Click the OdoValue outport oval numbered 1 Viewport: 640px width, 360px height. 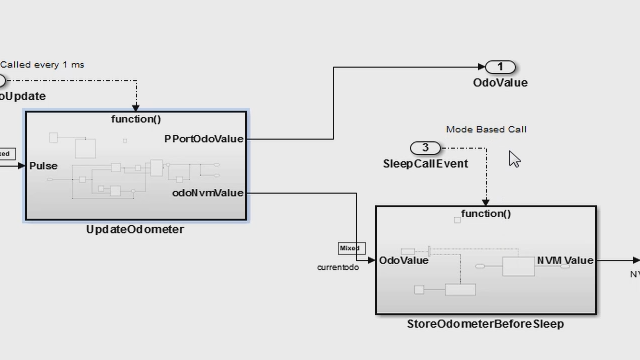click(500, 67)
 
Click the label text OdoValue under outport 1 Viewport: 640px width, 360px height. click(500, 83)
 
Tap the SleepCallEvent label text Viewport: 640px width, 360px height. click(425, 163)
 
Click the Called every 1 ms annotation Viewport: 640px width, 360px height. click(42, 65)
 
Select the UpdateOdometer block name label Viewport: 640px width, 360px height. click(135, 229)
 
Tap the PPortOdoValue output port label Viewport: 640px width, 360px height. click(204, 139)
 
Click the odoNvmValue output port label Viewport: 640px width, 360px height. click(207, 193)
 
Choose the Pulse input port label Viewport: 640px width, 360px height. click(44, 166)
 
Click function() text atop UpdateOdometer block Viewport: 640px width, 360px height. click(136, 119)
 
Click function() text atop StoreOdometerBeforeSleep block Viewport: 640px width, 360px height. click(486, 213)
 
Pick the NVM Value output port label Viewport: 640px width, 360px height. click(564, 260)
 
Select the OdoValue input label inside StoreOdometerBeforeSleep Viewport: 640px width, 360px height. click(405, 260)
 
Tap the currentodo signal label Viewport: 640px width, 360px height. click(338, 267)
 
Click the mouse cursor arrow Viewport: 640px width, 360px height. click(514, 159)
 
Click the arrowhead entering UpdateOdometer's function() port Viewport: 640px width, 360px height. click(136, 107)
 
